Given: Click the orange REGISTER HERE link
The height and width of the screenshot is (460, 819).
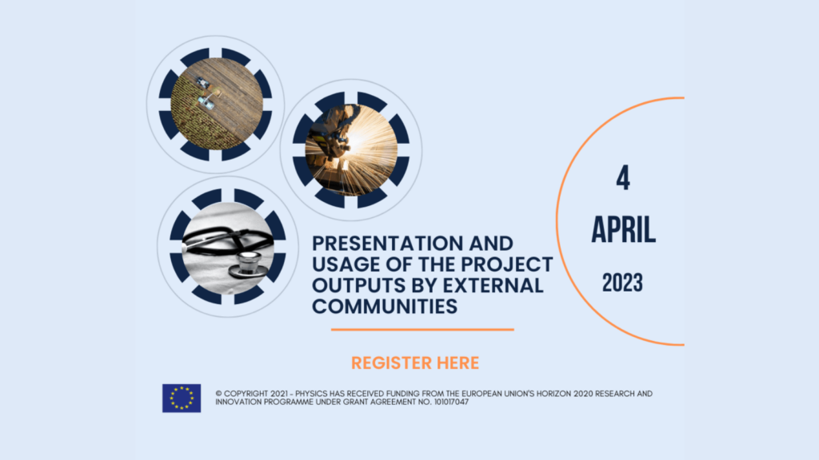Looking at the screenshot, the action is tap(415, 363).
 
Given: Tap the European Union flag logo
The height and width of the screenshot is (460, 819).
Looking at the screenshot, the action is tap(182, 398).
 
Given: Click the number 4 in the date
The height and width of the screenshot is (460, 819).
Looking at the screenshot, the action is tap(622, 178).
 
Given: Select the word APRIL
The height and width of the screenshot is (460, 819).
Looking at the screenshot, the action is tap(623, 229).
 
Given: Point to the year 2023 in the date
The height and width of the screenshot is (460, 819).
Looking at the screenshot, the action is tap(622, 283).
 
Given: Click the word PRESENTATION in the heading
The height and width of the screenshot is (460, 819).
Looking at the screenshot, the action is tap(388, 244).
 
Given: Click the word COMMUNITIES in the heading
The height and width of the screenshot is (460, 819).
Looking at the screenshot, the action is tap(385, 306).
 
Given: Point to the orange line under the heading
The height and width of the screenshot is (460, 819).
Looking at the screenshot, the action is tap(422, 330).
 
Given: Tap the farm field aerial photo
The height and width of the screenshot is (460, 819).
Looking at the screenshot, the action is tap(216, 104).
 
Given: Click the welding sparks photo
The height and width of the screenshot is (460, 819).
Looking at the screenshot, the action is tap(351, 149).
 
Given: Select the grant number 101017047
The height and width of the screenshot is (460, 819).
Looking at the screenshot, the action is tap(451, 402).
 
